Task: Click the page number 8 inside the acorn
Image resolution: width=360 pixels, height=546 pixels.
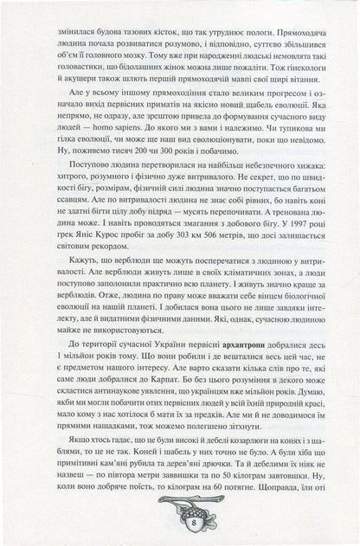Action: pos(180,530)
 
